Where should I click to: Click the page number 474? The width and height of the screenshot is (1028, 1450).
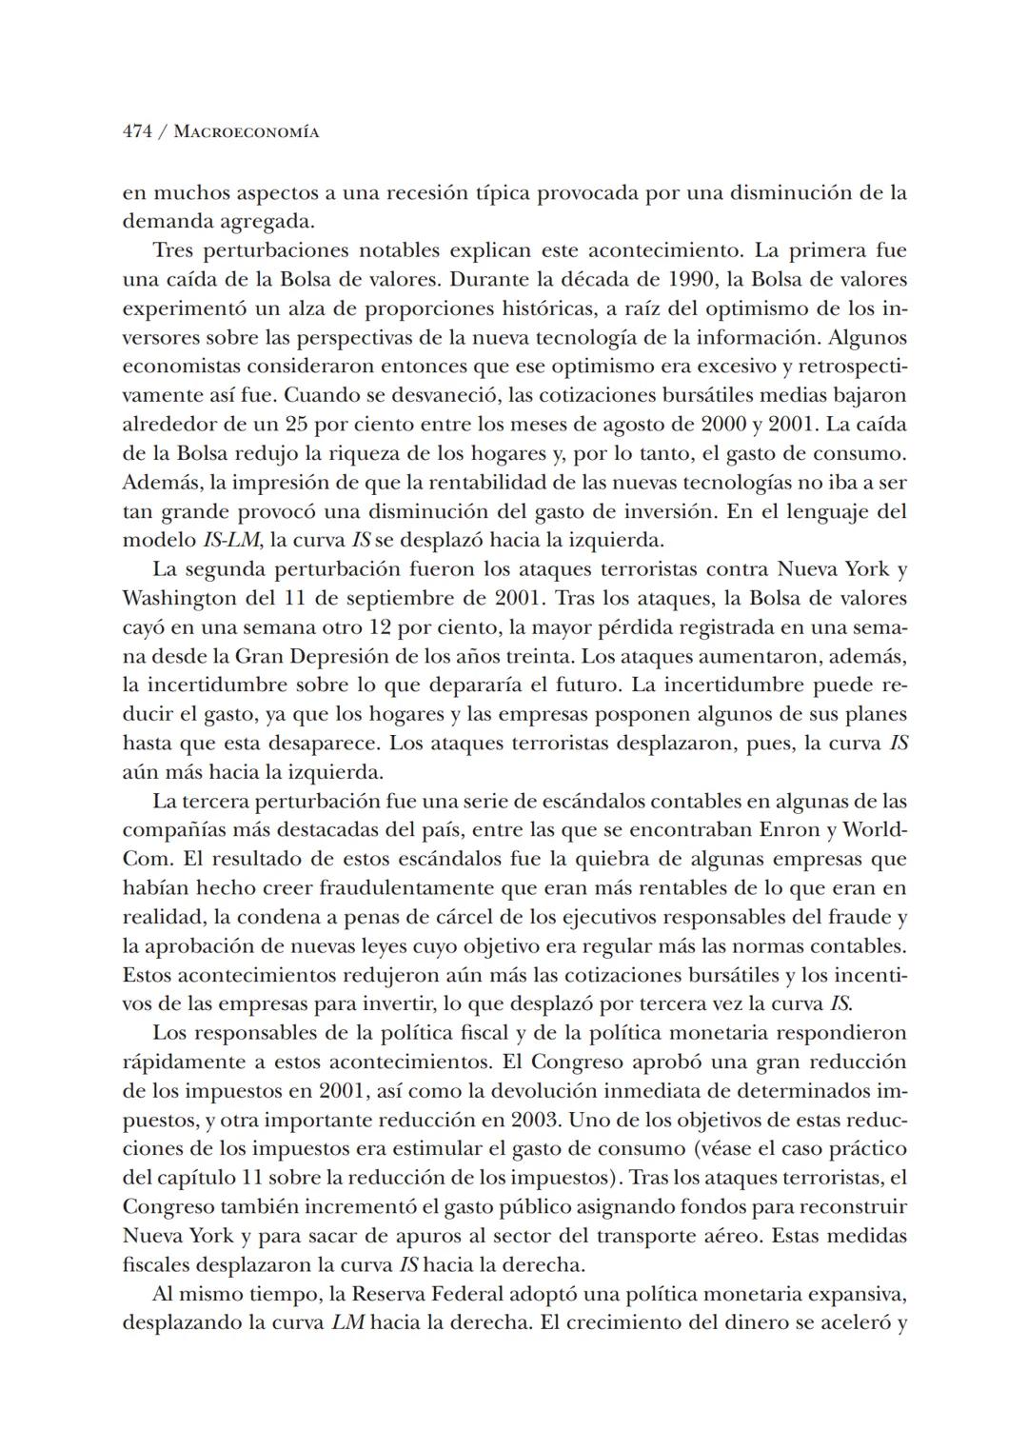click(137, 132)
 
